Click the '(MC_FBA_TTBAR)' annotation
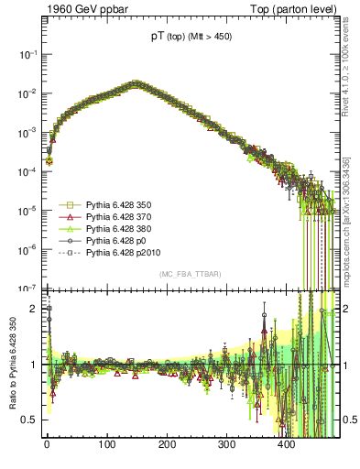click(x=191, y=275)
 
